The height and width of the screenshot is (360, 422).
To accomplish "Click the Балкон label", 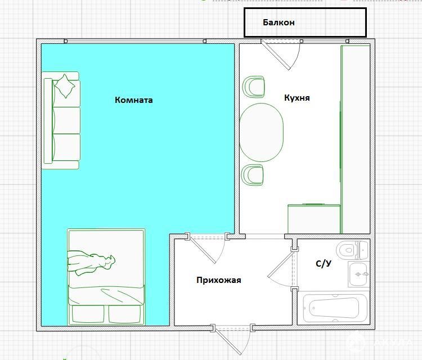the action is pos(279,22).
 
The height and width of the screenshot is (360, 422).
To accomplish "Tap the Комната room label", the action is pos(134,100).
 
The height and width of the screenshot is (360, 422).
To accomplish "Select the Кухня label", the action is pos(297,98).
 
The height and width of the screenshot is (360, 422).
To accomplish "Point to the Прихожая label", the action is pos(218,280).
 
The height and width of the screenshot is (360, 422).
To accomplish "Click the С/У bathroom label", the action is pos(324,264).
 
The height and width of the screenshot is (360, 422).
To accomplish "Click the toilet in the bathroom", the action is pos(352,250).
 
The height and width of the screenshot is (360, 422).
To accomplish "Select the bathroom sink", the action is pos(358,274).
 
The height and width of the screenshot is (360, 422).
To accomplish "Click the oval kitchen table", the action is pos(261,132).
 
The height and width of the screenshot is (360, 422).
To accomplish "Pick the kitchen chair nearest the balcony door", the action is pos(254,87).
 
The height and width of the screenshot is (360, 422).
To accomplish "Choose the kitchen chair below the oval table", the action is pos(253,175).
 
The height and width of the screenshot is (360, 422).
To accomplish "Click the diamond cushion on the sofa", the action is pos(65,86).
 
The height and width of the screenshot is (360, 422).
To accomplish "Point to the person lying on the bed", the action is pos(91,263).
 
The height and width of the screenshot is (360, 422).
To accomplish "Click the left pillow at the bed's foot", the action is pos(88,314).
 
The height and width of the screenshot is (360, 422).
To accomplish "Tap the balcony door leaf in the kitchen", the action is pos(276,56).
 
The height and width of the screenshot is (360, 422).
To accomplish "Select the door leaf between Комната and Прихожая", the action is pos(203,250).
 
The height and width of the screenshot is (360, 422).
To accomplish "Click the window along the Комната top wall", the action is pos(134,41).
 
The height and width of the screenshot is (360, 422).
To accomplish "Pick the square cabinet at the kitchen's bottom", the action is pos(314,219).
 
